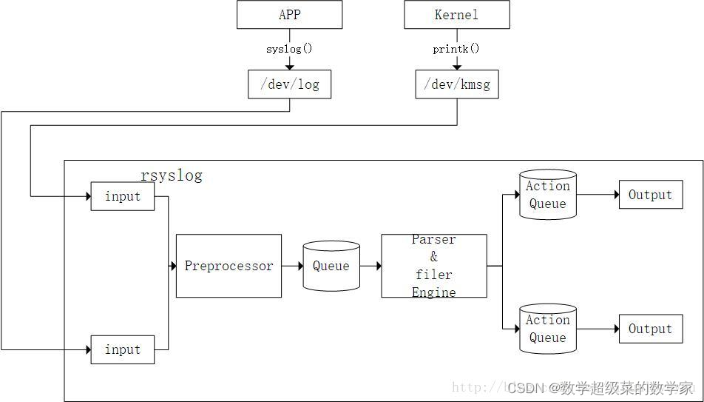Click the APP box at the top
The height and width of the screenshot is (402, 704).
coord(289,15)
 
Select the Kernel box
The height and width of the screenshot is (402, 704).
coord(456,15)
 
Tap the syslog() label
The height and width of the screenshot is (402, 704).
coord(289,49)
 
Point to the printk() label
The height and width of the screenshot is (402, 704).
coord(456,49)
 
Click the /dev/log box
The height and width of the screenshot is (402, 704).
coord(289,84)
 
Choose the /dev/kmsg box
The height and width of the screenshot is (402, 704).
coord(456,84)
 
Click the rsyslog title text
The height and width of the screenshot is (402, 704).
coord(171,176)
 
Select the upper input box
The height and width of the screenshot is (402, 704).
coord(123,196)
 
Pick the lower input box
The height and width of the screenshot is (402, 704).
coord(123,349)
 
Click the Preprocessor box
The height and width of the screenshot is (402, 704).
coord(229,266)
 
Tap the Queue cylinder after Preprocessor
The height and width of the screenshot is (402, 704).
coord(331,266)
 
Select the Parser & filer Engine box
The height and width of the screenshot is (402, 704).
coord(434,266)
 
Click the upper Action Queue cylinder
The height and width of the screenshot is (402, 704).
coord(547,195)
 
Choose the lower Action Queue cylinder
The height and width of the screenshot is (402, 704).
coord(547,329)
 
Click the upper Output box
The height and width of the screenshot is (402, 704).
coord(650,195)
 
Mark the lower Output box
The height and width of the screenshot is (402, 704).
coord(650,329)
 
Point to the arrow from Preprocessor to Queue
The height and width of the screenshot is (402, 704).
coord(292,266)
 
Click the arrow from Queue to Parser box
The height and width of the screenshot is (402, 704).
coord(370,266)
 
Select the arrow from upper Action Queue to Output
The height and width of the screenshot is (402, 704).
coord(598,195)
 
